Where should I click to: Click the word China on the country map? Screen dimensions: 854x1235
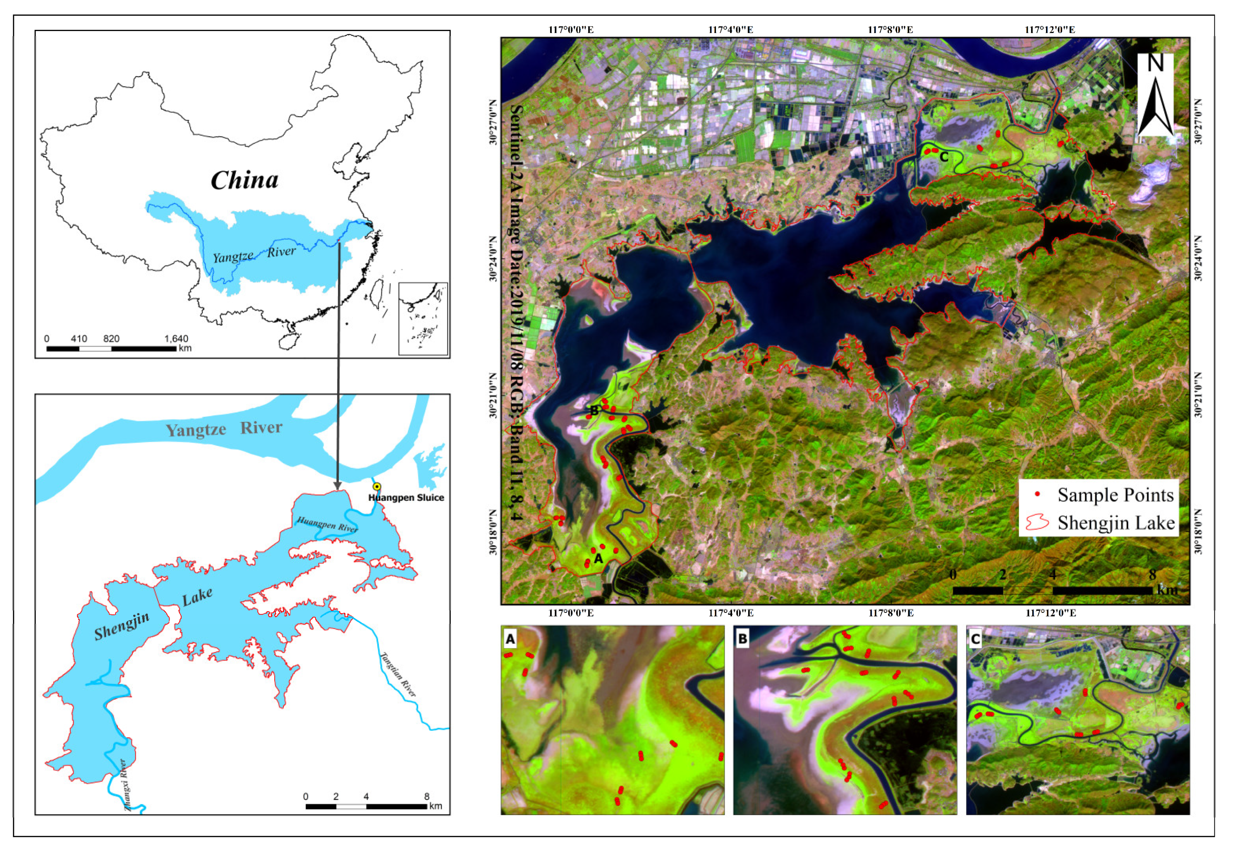click(244, 180)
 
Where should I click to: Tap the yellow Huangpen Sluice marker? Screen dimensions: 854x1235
click(377, 486)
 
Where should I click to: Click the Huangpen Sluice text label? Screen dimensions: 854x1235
click(406, 498)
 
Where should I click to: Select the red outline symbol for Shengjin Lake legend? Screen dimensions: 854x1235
click(1037, 522)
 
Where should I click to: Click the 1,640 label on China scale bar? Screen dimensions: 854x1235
click(176, 339)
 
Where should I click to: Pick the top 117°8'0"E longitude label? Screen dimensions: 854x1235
click(890, 30)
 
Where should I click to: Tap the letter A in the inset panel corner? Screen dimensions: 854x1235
click(510, 639)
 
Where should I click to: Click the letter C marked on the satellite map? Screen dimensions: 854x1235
click(944, 157)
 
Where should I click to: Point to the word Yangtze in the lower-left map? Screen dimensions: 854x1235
click(196, 430)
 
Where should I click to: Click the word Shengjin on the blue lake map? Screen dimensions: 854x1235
click(122, 627)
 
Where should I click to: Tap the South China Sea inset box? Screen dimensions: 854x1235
click(423, 318)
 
